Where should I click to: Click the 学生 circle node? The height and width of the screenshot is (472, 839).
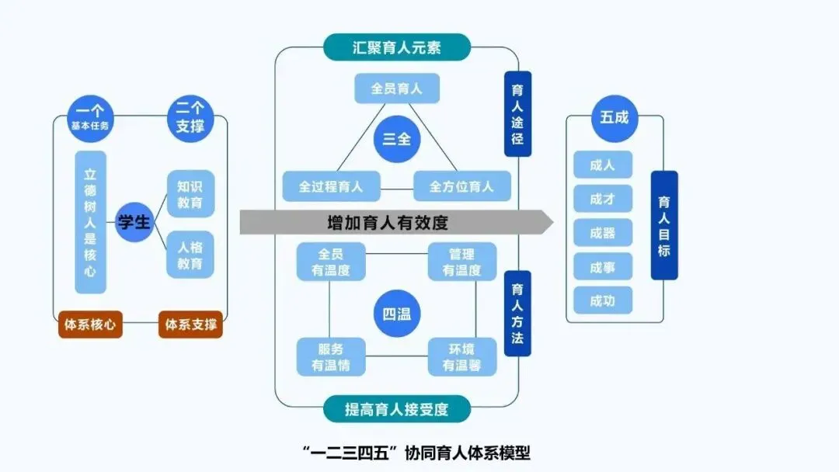[134, 222]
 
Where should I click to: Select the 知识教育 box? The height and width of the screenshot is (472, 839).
[190, 195]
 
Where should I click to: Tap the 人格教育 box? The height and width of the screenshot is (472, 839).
[190, 255]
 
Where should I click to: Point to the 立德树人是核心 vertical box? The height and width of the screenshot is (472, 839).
[91, 222]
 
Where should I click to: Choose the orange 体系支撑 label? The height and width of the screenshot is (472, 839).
[190, 324]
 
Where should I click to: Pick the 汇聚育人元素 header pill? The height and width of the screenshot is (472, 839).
[397, 47]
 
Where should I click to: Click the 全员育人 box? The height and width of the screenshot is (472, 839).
[397, 88]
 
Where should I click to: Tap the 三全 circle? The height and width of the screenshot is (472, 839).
[397, 139]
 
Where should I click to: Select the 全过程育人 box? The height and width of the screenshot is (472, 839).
[331, 186]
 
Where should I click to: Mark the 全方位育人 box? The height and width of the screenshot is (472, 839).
[462, 186]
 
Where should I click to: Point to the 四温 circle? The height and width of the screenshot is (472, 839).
[397, 314]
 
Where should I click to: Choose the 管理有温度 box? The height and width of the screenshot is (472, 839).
[462, 262]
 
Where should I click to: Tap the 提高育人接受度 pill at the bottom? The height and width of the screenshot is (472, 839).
[397, 409]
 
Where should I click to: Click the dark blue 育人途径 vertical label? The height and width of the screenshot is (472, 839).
[517, 115]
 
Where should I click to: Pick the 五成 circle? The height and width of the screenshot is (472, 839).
[614, 118]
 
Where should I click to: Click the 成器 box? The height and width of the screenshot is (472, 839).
[603, 233]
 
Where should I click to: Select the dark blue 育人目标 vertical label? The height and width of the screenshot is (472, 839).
[664, 225]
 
